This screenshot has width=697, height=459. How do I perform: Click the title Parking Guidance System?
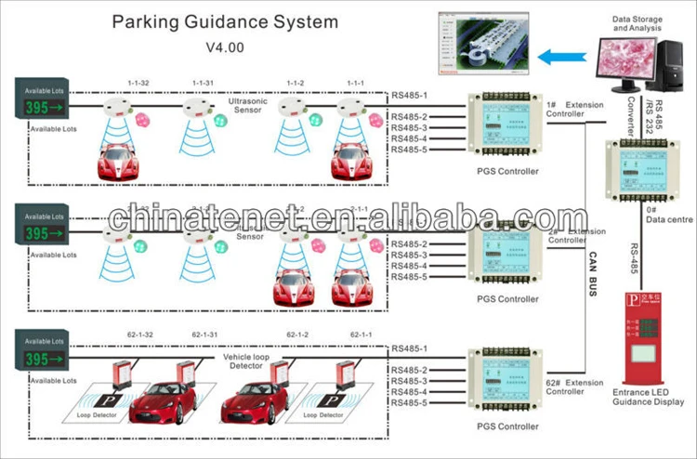225,21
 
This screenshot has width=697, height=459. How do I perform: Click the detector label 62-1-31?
206,334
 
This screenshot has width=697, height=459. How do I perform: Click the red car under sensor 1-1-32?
125,161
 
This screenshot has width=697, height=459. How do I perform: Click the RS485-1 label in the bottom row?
409,348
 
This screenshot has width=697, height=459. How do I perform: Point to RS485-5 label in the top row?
409,150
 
